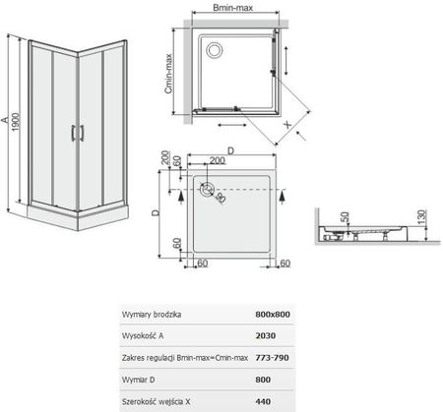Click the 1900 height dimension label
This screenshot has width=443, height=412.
(x=16, y=122)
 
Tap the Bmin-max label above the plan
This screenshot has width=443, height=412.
(x=233, y=8)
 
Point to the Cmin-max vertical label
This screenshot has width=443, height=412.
(x=168, y=74)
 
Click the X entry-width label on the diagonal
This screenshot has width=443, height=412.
(x=287, y=124)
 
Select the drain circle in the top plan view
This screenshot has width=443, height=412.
(x=215, y=50)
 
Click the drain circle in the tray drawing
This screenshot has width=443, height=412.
(x=207, y=190)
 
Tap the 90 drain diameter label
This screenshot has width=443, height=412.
(x=221, y=198)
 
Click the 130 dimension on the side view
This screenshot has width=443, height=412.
(x=421, y=216)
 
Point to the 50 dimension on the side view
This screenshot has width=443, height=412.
(x=345, y=217)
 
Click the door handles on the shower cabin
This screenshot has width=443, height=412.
(x=78, y=133)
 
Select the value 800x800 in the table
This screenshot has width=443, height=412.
(x=273, y=315)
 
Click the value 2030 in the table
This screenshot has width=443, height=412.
(x=266, y=335)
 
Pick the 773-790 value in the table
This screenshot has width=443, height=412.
(x=272, y=358)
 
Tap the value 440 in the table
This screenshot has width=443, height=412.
(x=263, y=401)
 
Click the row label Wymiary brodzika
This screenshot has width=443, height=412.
(x=152, y=315)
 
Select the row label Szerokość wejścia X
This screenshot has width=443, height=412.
(x=156, y=401)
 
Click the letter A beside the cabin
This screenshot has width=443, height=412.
(x=5, y=120)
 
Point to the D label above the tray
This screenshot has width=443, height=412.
(x=231, y=150)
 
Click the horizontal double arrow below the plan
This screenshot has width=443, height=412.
(x=232, y=125)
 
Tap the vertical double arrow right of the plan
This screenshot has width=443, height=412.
(x=286, y=60)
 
